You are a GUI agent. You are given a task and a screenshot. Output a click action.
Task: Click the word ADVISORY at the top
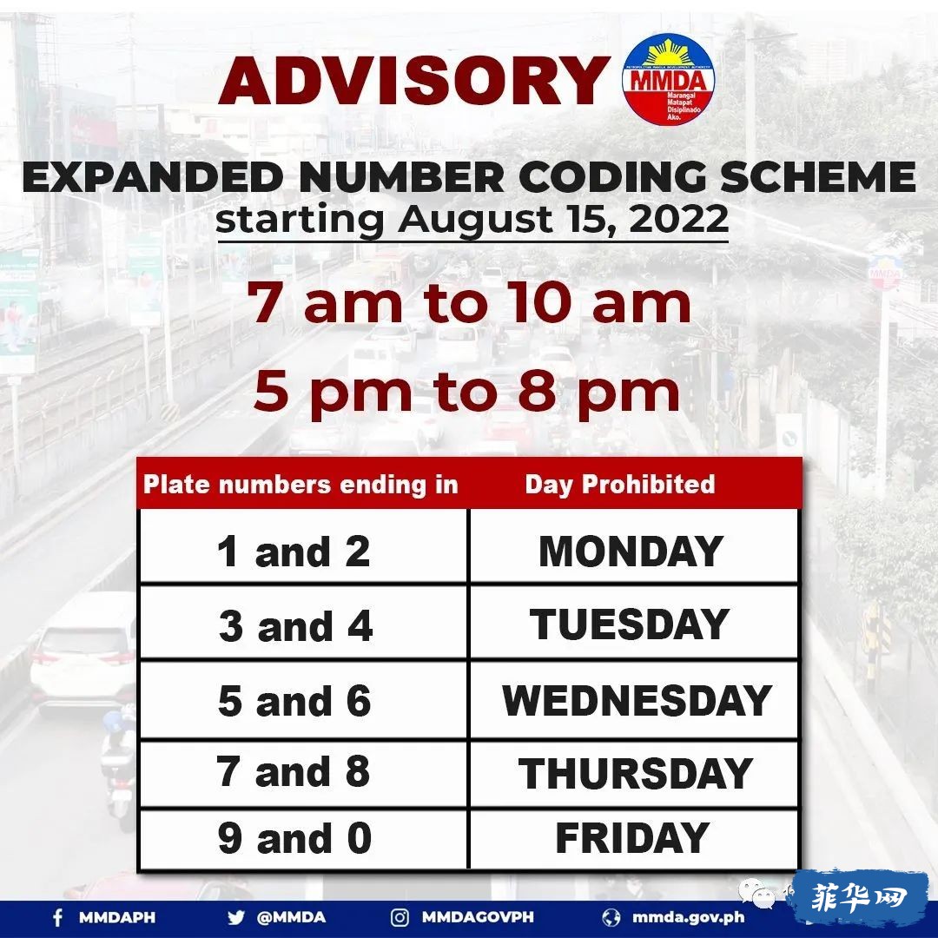coord(413,82)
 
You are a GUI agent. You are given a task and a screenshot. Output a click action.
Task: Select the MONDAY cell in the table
coord(634,546)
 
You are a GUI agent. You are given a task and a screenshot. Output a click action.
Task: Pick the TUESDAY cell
coord(634,623)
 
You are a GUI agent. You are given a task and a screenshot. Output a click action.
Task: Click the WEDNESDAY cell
coord(634,699)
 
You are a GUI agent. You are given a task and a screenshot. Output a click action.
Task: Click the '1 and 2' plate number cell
coord(303,546)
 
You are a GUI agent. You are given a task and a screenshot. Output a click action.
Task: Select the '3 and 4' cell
coord(303,623)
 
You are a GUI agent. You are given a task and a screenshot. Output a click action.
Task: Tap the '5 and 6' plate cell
coord(303,699)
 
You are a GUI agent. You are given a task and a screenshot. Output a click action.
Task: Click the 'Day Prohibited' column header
coord(620,485)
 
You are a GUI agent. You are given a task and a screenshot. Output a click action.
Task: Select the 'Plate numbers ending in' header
coord(301,485)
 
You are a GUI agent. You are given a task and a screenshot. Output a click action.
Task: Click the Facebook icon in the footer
coord(58,917)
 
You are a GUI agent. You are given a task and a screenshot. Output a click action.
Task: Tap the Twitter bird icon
coord(235,917)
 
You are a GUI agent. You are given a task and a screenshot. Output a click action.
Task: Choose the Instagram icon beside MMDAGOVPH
coord(400,917)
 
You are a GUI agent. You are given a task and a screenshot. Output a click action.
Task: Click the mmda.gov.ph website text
coord(688,917)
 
